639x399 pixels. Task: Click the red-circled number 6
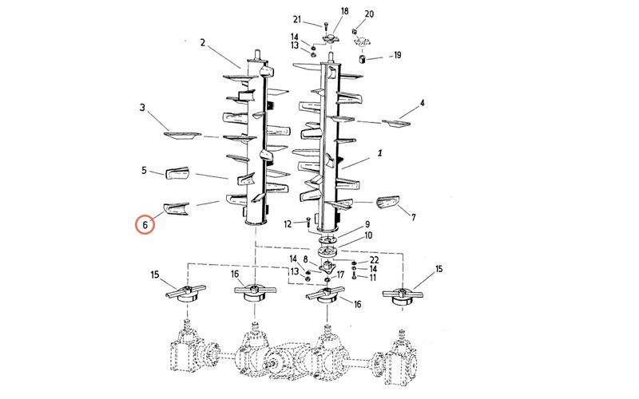click(x=145, y=225)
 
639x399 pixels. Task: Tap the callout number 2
click(x=203, y=43)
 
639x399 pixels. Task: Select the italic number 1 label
click(x=380, y=153)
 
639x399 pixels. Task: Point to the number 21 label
click(x=297, y=19)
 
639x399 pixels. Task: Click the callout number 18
click(x=345, y=11)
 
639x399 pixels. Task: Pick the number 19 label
click(x=396, y=55)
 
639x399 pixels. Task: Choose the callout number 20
click(x=369, y=14)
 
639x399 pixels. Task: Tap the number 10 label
click(x=368, y=235)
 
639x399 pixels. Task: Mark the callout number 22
click(x=374, y=260)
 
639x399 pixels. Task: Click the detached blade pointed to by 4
click(x=396, y=123)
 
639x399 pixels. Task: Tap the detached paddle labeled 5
click(x=177, y=172)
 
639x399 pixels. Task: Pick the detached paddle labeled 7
click(x=387, y=202)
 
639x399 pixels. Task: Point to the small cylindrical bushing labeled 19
click(x=362, y=59)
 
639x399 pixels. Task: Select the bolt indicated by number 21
click(x=326, y=26)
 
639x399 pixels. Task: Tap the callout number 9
click(x=367, y=224)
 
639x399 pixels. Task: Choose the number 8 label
click(x=306, y=259)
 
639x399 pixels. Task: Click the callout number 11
click(x=372, y=278)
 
